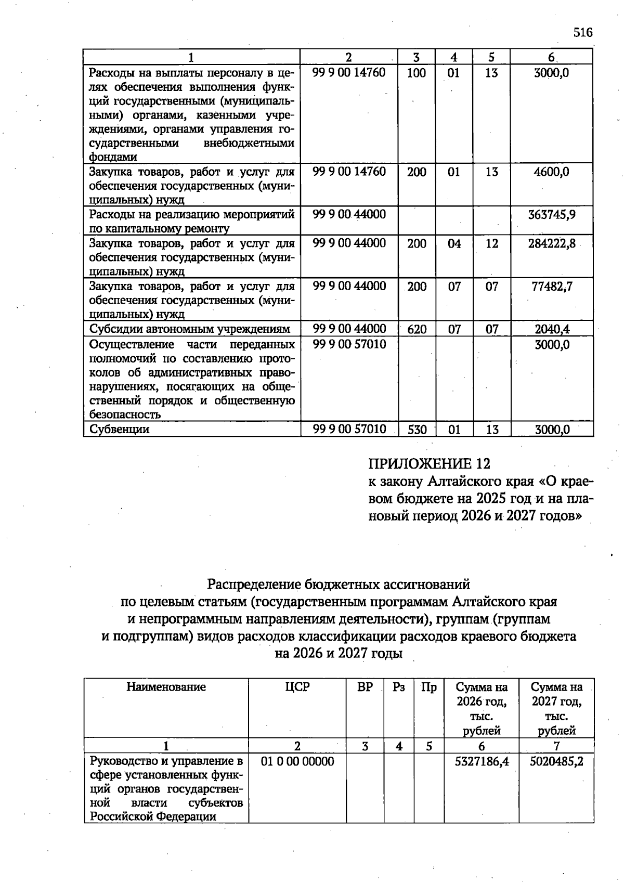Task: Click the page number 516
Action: click(x=583, y=32)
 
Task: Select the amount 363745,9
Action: click(x=552, y=214)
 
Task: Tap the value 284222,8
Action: click(x=552, y=243)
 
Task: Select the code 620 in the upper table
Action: click(x=417, y=329)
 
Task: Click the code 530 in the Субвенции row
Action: click(x=417, y=430)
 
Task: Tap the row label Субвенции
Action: click(x=119, y=430)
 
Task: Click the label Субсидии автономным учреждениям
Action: click(x=189, y=329)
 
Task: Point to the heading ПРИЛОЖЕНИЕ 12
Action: click(x=429, y=463)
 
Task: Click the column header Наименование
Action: click(x=166, y=687)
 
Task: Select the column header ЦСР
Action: click(x=297, y=687)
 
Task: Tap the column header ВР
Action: click(x=365, y=687)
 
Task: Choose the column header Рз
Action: click(x=399, y=687)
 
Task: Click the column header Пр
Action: click(x=429, y=687)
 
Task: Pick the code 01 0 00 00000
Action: click(x=297, y=762)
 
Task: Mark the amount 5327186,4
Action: click(x=482, y=762)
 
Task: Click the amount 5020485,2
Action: click(x=556, y=762)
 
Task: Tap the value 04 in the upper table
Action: click(x=454, y=243)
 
